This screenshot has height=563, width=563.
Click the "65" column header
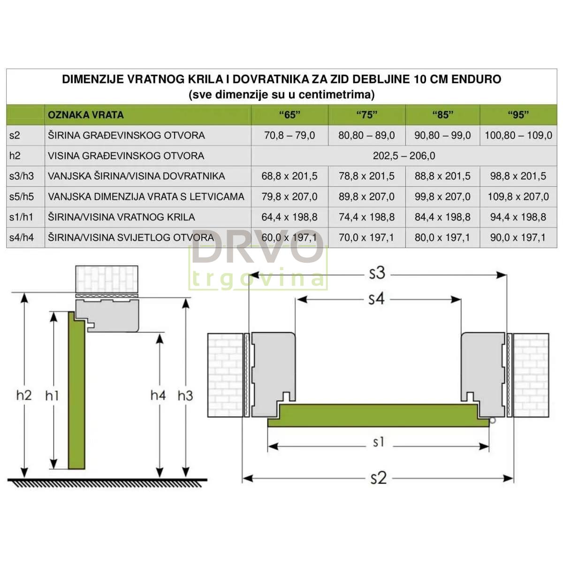(289, 115)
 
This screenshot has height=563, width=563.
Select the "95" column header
(518, 115)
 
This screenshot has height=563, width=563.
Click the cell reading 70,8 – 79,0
(289, 135)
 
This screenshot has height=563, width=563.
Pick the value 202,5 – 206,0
(404, 156)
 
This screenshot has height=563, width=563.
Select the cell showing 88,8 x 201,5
(442, 176)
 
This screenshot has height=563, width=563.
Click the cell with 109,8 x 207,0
(518, 196)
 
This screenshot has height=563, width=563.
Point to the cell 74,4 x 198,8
(366, 217)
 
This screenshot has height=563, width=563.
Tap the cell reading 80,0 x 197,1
(442, 237)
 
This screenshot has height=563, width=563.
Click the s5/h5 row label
(22, 196)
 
